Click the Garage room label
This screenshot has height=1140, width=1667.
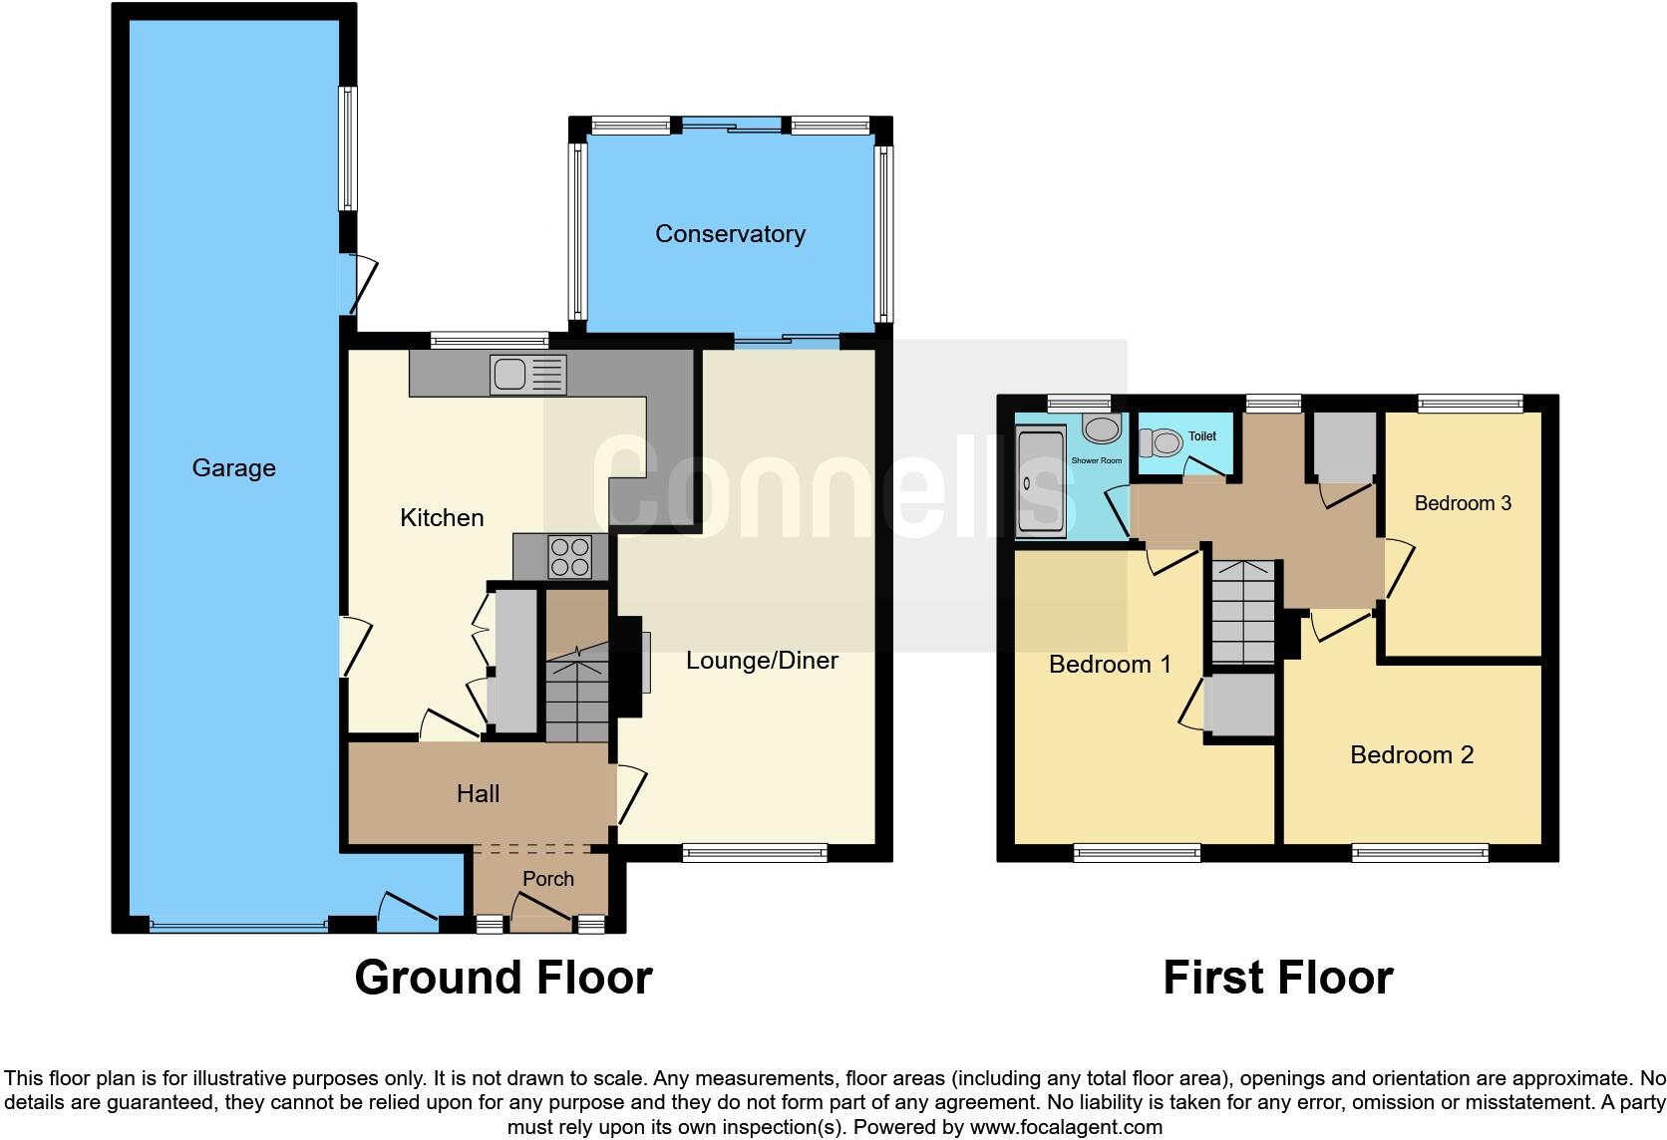(233, 467)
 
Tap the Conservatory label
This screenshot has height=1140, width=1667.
(730, 233)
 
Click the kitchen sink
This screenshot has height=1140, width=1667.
(527, 375)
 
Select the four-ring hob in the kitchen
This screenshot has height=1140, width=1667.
(569, 557)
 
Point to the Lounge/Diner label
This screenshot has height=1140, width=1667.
(762, 660)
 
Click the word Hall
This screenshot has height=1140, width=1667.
(478, 793)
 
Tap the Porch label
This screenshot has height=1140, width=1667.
(548, 878)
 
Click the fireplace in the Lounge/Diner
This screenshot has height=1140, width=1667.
(630, 665)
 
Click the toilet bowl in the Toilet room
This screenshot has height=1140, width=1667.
(1163, 440)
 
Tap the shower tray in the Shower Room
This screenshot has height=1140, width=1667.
(1040, 482)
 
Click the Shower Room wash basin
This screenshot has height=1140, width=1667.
(1101, 429)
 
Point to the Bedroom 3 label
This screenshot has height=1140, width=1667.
(1463, 503)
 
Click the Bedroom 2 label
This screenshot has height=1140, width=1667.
(1411, 754)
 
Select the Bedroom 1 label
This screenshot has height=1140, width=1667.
(1110, 664)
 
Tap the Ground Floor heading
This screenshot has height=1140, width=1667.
(503, 977)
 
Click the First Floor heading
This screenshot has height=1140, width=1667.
(1277, 977)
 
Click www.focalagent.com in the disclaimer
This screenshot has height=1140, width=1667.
(1066, 1127)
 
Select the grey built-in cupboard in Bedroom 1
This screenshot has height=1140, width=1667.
(1239, 706)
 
